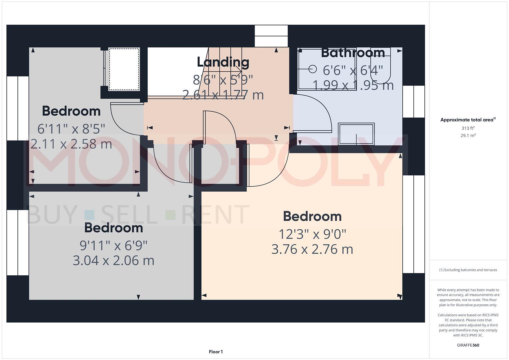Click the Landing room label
tap(223, 62)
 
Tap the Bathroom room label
tap(353, 53)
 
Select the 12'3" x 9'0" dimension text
tap(312, 234)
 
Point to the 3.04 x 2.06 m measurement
tap(113, 260)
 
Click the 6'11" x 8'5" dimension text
tap(71, 129)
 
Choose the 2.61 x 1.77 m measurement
tap(223, 95)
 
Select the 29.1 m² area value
tap(468, 136)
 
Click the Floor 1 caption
tap(216, 352)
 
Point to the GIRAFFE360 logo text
tap(468, 345)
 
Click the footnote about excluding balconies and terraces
tap(468, 270)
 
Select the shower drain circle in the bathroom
tap(312, 69)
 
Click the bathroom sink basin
tap(356, 134)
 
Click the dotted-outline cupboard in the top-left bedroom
tap(124, 69)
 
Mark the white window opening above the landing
tap(271, 36)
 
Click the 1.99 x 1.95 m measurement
tap(353, 85)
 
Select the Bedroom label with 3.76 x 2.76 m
tap(312, 216)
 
